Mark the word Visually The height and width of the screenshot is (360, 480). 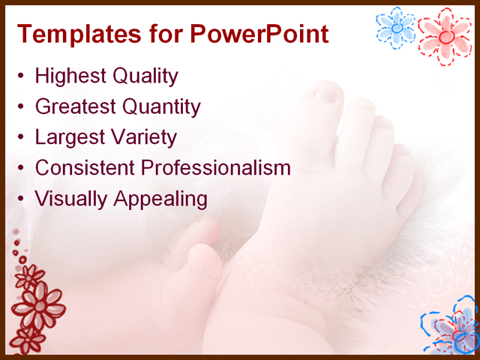click(x=70, y=199)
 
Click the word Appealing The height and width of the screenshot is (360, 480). click(x=160, y=199)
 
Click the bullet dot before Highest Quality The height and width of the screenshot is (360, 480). click(x=22, y=76)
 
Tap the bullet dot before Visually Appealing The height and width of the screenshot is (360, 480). click(x=22, y=199)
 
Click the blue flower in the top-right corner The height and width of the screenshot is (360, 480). click(x=396, y=27)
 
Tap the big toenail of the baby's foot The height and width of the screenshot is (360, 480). click(x=327, y=94)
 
